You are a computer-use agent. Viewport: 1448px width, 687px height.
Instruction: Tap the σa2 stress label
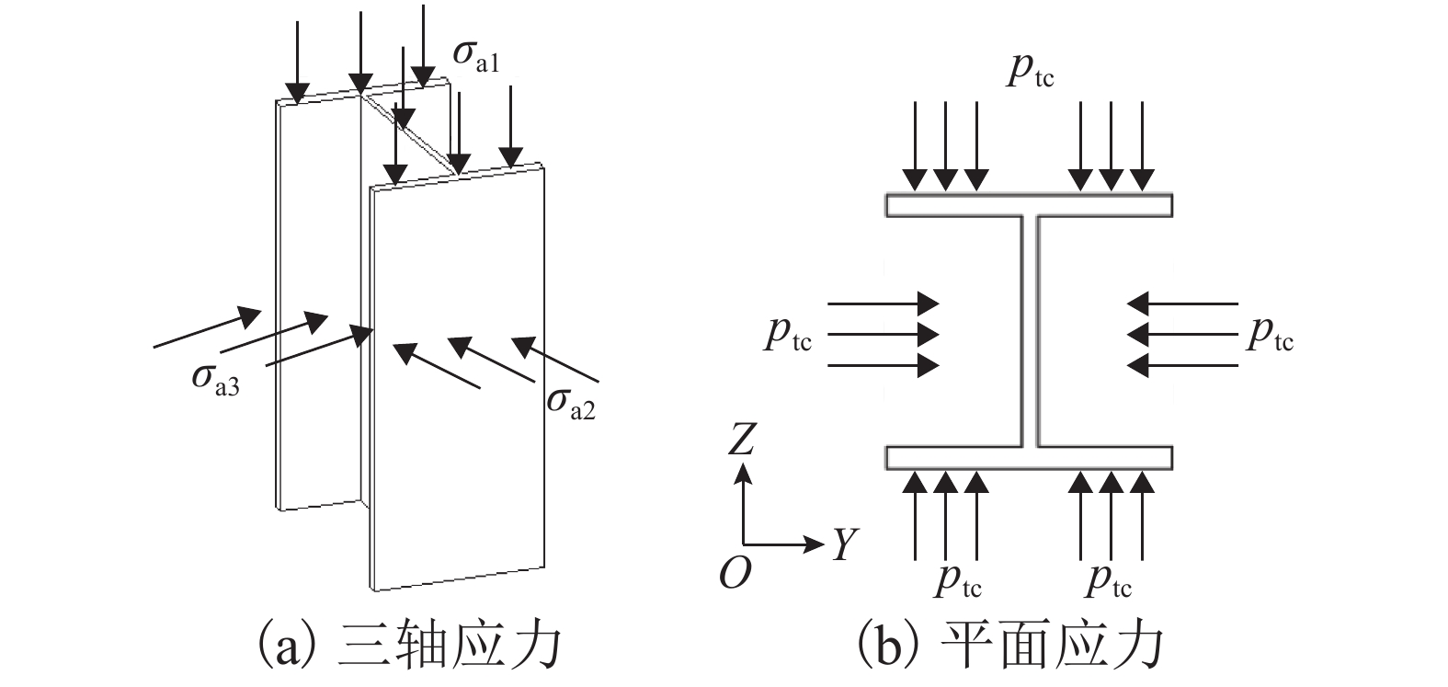tap(570, 403)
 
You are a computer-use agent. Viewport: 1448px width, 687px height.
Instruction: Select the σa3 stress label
tap(215, 380)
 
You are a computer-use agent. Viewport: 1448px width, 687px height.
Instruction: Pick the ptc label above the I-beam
tap(1030, 71)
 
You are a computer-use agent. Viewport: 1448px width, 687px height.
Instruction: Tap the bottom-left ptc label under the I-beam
tap(959, 580)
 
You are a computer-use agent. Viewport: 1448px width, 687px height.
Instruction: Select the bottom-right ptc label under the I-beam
tap(1109, 580)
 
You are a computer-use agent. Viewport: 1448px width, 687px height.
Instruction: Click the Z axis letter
tap(741, 441)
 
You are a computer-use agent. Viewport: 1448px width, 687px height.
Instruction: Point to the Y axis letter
tap(844, 545)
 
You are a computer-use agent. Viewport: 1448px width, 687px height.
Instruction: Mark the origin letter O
tap(735, 574)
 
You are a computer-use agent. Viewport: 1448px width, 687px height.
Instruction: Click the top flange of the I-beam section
tap(1029, 204)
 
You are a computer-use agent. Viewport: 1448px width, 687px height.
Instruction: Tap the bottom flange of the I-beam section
tap(1029, 457)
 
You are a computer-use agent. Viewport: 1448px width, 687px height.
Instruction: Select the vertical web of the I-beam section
tap(1029, 331)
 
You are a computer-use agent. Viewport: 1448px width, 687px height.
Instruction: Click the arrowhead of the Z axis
tap(744, 473)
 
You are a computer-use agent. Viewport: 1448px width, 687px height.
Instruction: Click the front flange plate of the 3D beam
tap(457, 377)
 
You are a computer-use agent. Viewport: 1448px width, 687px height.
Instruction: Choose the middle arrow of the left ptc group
tap(883, 333)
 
